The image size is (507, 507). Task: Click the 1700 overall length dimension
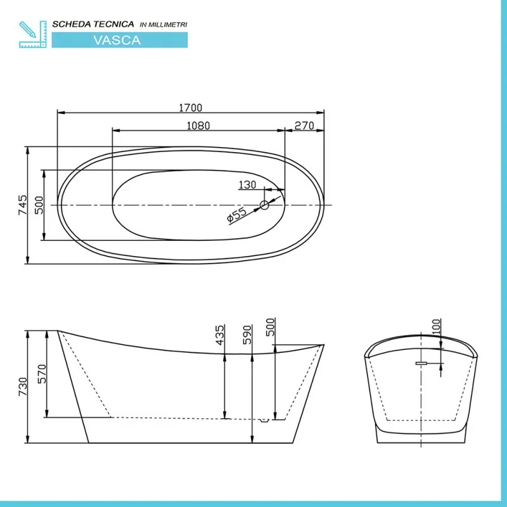[191, 108]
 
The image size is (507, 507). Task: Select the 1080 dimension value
[198, 125]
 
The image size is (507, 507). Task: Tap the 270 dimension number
[304, 125]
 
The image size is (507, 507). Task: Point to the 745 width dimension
[23, 205]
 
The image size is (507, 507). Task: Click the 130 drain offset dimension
[247, 184]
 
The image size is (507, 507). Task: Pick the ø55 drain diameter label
[236, 215]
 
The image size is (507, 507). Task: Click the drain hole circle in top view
[264, 205]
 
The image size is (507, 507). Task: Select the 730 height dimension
[23, 387]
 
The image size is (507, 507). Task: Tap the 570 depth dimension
[42, 374]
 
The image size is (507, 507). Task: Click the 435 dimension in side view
[219, 335]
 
